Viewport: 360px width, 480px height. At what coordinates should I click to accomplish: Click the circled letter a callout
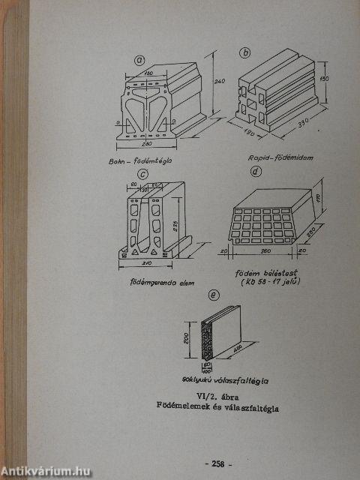tap(138, 61)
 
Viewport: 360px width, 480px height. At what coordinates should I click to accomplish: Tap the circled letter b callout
tap(244, 52)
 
